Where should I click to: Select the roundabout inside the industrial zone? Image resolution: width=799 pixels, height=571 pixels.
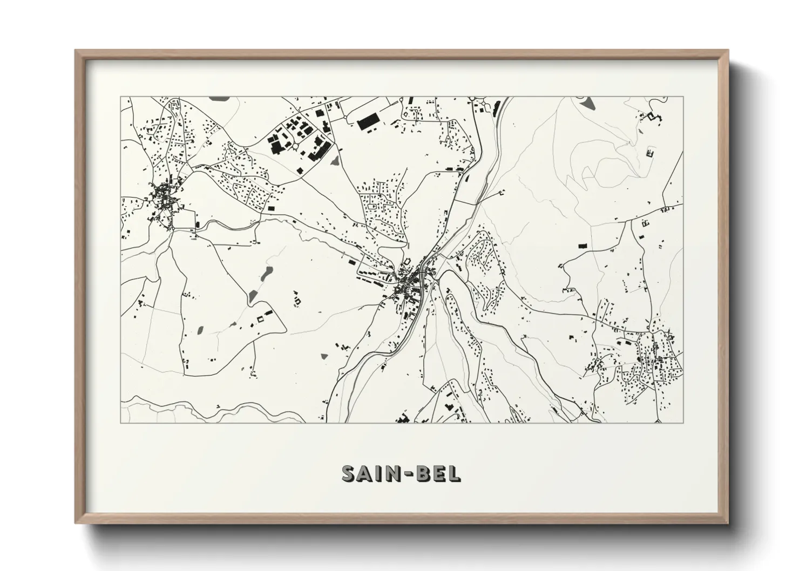coord(296,145)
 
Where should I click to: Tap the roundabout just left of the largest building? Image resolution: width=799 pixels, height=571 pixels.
coord(344,116)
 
